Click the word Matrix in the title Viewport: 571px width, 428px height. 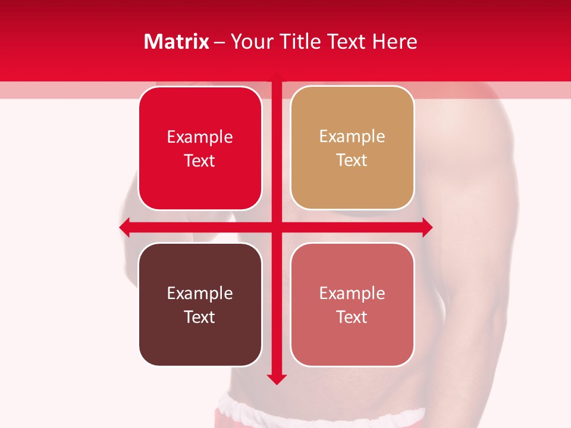177,42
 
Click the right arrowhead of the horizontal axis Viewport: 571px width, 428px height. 427,228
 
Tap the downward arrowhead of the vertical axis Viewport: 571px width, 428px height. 277,379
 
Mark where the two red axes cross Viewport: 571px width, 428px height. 277,228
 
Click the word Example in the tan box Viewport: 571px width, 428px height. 352,137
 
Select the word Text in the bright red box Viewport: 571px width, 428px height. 200,161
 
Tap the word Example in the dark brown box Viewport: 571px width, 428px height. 200,293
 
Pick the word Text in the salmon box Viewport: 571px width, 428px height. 352,317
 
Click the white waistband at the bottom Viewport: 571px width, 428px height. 321,413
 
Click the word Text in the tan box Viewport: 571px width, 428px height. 352,160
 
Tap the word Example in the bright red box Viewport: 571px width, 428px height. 200,137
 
